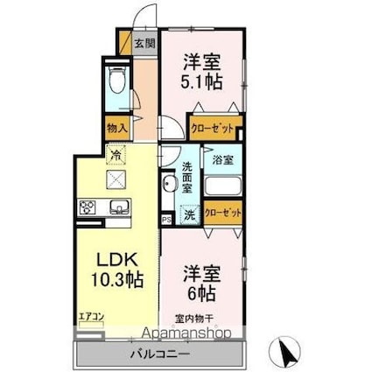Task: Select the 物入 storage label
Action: pyautogui.click(x=117, y=128)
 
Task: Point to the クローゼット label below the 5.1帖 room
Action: pyautogui.click(x=214, y=129)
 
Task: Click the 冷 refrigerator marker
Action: pyautogui.click(x=116, y=156)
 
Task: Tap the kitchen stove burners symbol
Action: pyautogui.click(x=88, y=207)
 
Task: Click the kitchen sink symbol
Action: pyautogui.click(x=118, y=207)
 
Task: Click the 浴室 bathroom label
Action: pyautogui.click(x=221, y=160)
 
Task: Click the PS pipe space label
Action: pyautogui.click(x=165, y=220)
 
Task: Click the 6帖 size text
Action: pyautogui.click(x=200, y=291)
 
